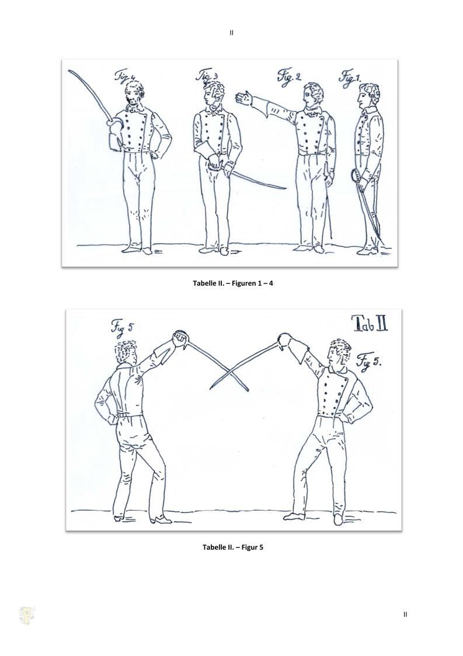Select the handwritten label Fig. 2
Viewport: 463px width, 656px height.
(x=288, y=77)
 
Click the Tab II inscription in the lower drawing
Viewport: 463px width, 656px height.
(x=370, y=324)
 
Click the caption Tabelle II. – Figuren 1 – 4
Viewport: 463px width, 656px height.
(x=233, y=283)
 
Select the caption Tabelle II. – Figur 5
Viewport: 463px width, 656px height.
(x=233, y=547)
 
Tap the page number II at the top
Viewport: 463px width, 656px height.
(x=232, y=33)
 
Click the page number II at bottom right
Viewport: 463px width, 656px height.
(x=405, y=614)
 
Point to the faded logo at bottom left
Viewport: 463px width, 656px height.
(x=27, y=616)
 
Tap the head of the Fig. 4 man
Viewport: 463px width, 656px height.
(x=134, y=93)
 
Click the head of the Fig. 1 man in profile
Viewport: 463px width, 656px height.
(x=368, y=96)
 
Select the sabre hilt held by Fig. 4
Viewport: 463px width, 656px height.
(x=114, y=126)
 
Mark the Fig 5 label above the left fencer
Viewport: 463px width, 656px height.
(x=122, y=327)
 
